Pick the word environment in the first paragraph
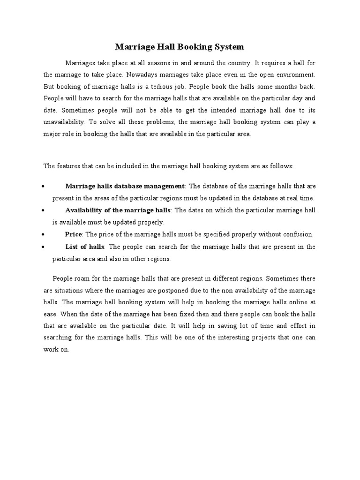click(296, 75)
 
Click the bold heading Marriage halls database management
click(125, 186)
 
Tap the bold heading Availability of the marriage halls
click(118, 210)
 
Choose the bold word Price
click(74, 234)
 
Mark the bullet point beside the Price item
click(43, 234)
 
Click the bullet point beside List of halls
click(43, 247)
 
